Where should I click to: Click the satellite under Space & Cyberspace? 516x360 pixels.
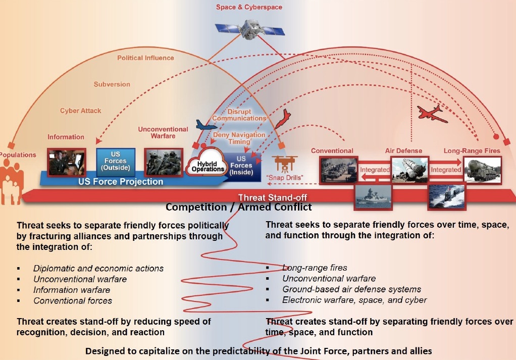click(x=250, y=29)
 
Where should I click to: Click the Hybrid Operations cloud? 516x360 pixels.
click(x=208, y=164)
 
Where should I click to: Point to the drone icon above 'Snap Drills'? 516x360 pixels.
click(x=285, y=163)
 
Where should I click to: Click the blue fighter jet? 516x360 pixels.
click(x=206, y=125)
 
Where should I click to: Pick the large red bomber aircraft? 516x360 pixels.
click(x=432, y=114)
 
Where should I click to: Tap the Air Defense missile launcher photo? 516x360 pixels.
click(x=409, y=169)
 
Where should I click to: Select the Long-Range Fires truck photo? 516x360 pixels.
click(x=483, y=170)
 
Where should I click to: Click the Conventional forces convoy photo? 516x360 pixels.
click(x=338, y=170)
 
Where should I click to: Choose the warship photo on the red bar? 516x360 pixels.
click(x=373, y=197)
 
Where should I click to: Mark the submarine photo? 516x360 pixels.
click(x=447, y=197)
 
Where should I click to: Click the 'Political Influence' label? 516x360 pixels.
click(x=145, y=58)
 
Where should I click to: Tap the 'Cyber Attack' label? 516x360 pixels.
click(x=80, y=111)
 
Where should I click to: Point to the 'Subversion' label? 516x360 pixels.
click(x=112, y=84)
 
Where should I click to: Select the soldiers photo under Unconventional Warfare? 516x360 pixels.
click(x=164, y=162)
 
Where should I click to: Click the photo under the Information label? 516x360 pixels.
click(x=67, y=162)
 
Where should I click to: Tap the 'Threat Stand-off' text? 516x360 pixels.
click(x=273, y=197)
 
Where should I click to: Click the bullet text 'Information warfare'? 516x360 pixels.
click(x=72, y=290)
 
